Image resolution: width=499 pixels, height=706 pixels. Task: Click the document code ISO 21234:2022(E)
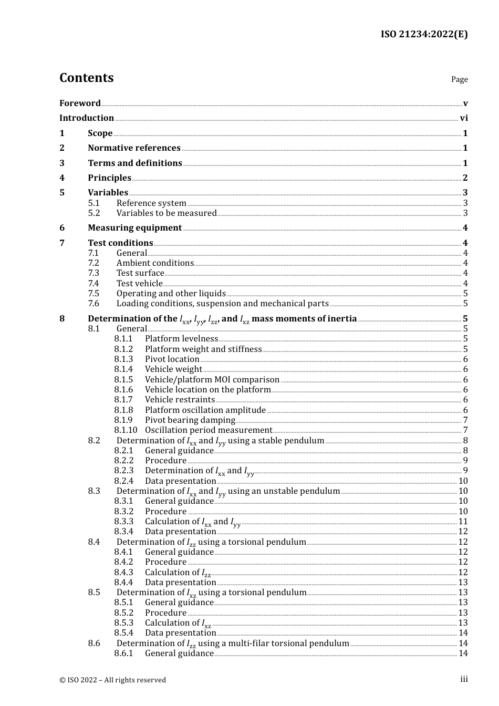click(424, 34)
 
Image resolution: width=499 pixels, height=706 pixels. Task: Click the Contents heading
click(86, 78)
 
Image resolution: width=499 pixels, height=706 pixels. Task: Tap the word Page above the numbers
click(459, 79)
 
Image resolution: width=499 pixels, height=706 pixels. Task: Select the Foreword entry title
click(80, 103)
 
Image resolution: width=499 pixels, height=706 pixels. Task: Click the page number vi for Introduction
click(464, 118)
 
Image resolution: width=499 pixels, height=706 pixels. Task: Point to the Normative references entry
click(134, 148)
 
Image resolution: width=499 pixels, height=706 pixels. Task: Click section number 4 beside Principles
click(62, 178)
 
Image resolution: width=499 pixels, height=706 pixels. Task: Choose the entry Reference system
click(151, 203)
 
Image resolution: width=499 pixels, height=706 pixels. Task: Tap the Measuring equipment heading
click(134, 228)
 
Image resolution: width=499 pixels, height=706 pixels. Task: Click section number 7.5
click(93, 294)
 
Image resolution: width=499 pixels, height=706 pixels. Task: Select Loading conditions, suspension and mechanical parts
click(222, 304)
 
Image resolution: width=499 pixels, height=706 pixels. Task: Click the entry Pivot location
click(172, 359)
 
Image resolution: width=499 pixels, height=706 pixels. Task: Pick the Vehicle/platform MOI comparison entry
click(212, 380)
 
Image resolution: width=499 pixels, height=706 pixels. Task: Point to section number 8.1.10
click(126, 430)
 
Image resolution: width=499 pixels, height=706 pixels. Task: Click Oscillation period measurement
click(208, 430)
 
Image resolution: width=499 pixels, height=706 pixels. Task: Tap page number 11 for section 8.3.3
click(463, 522)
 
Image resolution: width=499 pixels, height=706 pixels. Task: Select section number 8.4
click(94, 542)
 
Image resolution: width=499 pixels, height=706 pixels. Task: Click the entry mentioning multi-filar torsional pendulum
click(233, 643)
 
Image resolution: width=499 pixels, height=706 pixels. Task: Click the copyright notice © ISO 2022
click(112, 680)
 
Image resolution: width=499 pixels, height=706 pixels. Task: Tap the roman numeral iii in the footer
click(464, 679)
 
